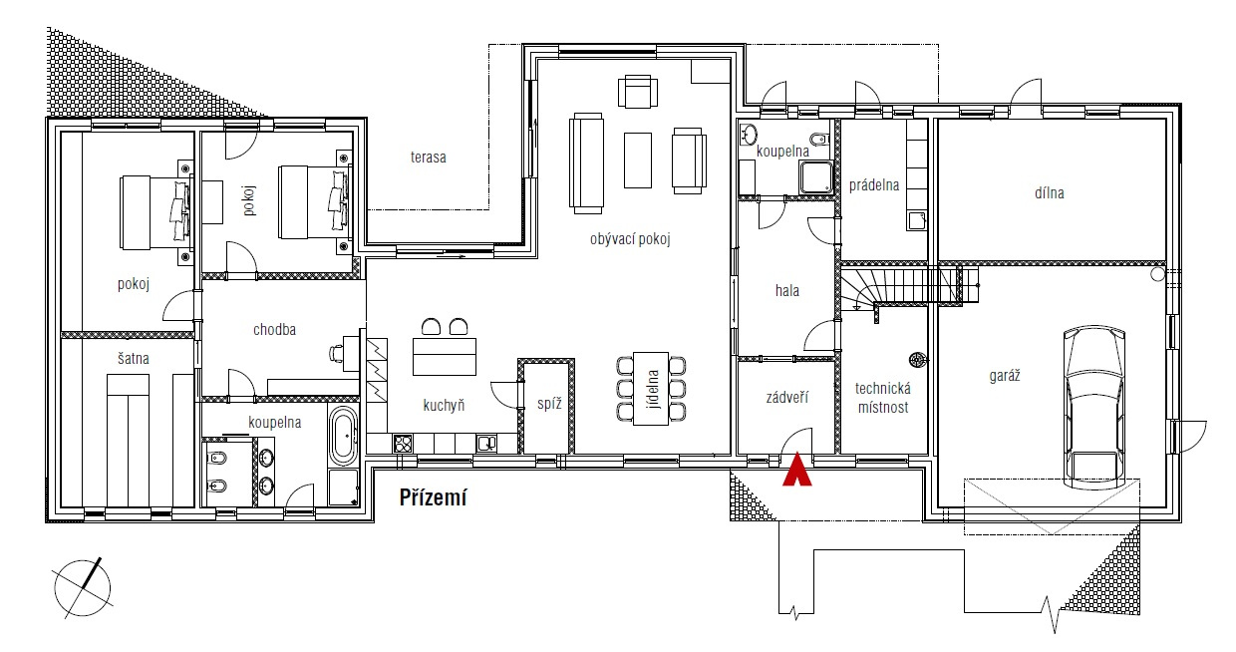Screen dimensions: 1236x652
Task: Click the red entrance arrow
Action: (x=797, y=470)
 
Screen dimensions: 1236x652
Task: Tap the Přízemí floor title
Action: (x=434, y=497)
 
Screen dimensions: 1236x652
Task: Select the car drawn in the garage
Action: (x=1094, y=407)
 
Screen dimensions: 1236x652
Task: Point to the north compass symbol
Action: (x=83, y=588)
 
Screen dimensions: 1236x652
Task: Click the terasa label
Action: (x=429, y=158)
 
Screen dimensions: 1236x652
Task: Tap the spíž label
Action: (x=549, y=404)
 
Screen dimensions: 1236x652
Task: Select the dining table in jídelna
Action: (x=651, y=389)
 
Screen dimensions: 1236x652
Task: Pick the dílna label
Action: (x=1049, y=192)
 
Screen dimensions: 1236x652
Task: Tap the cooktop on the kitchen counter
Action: (x=403, y=444)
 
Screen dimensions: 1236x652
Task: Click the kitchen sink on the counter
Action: (x=486, y=444)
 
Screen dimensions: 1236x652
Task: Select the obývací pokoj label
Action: (x=630, y=239)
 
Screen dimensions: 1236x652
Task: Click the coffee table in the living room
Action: (x=638, y=161)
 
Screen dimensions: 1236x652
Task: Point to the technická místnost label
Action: (x=883, y=398)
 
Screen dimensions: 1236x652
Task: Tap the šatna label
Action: (x=133, y=359)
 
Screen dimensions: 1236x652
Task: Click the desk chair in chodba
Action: (x=336, y=353)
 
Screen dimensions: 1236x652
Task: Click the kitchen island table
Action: (x=445, y=357)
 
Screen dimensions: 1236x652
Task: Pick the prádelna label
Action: (x=874, y=185)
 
